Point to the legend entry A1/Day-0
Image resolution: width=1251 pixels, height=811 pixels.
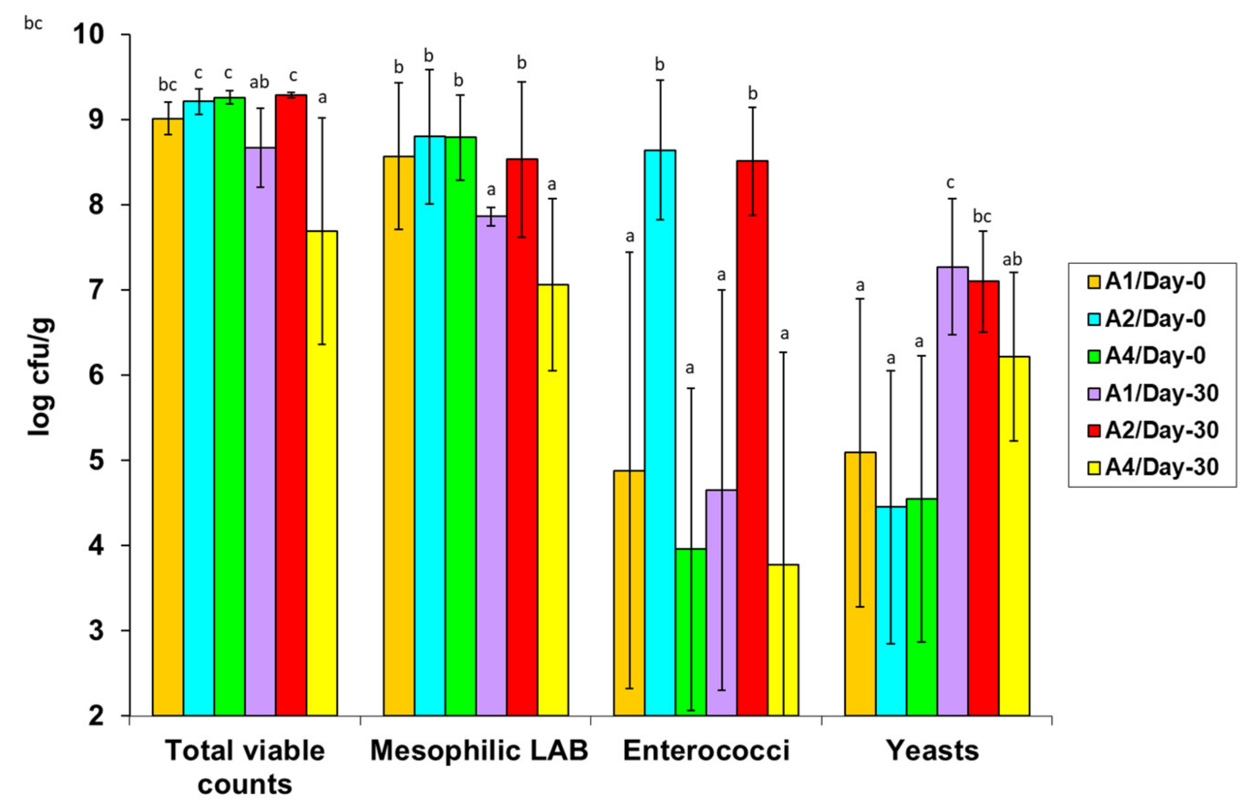point(1154,281)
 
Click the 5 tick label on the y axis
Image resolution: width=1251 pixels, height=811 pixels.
point(97,461)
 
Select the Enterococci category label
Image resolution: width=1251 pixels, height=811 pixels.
point(706,750)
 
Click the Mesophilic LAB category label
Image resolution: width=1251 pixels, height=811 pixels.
point(479,750)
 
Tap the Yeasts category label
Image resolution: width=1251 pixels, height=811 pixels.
point(932,750)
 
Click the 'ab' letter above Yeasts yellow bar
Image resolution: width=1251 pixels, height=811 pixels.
point(1012,260)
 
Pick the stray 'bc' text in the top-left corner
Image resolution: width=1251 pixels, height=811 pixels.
point(33,23)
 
